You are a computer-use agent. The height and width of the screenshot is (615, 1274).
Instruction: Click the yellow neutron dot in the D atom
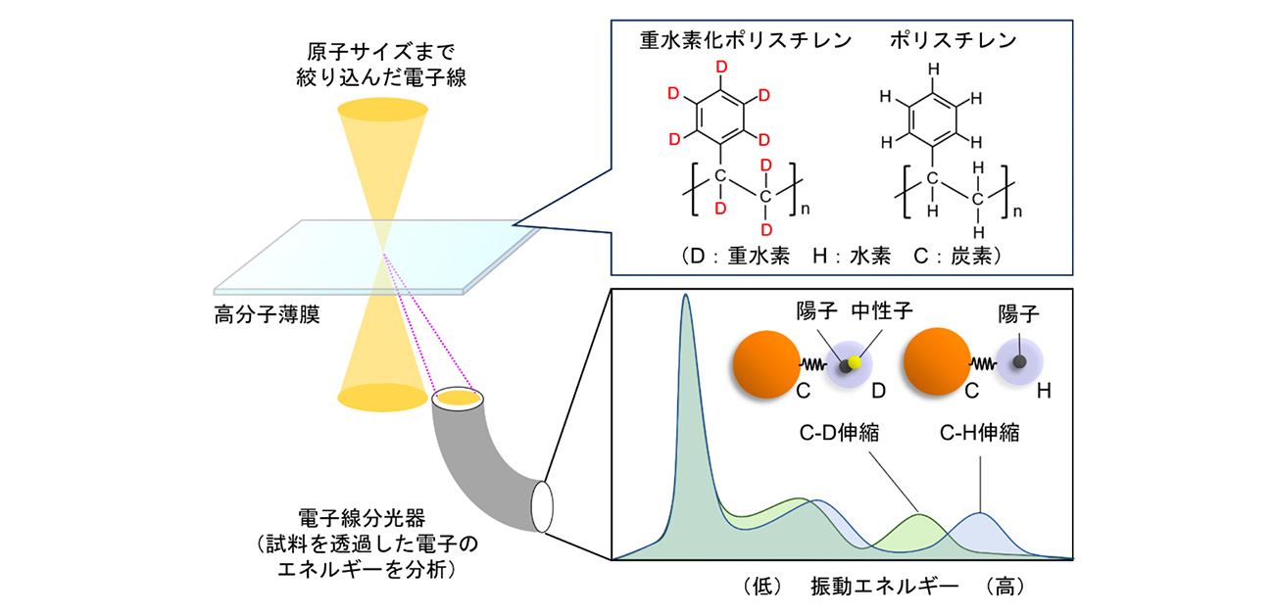point(855,363)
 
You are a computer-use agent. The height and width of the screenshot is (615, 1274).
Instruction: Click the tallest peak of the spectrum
point(686,299)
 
